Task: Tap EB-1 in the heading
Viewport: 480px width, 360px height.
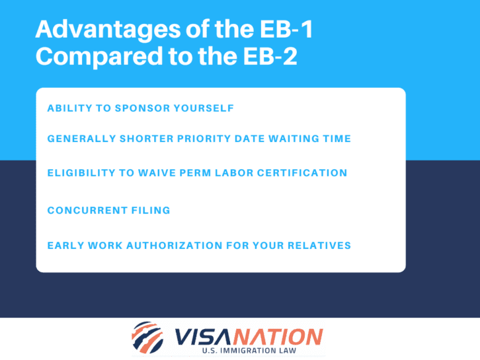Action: [x=266, y=30]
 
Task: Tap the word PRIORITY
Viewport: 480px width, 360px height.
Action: [x=198, y=139]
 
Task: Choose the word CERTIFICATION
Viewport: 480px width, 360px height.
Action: [x=305, y=173]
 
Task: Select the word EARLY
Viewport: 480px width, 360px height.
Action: [x=65, y=246]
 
